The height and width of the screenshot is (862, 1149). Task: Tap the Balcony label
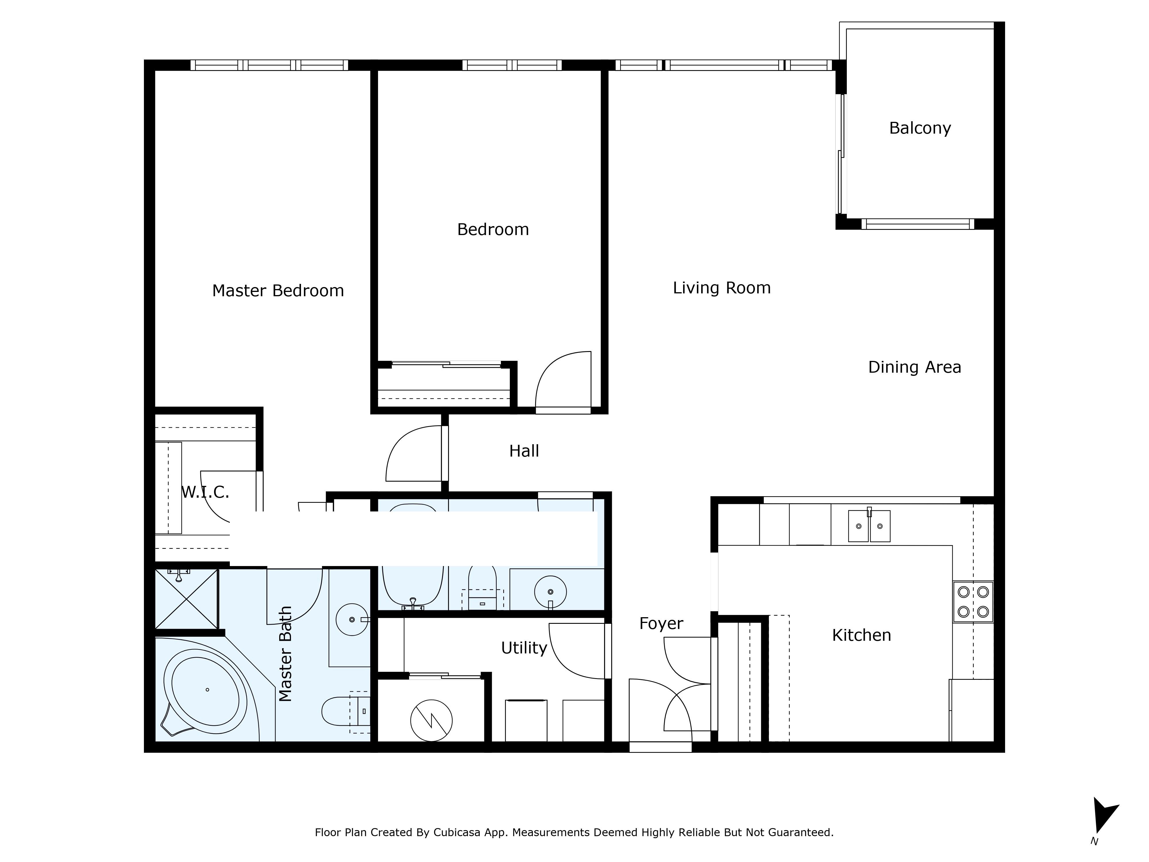920,128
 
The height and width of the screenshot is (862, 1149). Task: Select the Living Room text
722,288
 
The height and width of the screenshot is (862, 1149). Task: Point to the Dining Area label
915,367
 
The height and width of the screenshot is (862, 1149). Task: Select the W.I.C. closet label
205,492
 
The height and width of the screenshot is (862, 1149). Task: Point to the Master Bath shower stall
186,599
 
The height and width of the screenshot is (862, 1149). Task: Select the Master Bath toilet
346,711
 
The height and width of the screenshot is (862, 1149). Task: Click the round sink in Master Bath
352,619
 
